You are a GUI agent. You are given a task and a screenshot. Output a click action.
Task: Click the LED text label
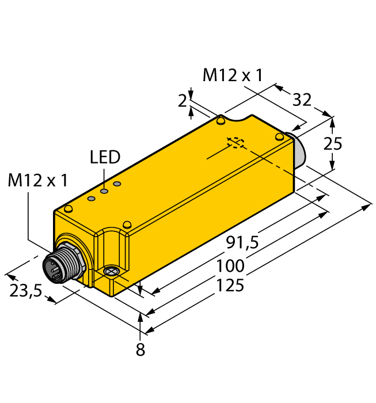pyautogui.click(x=105, y=158)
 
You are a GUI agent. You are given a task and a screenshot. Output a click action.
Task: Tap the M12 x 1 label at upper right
pyautogui.click(x=233, y=75)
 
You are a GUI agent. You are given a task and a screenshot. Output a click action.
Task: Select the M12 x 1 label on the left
pyautogui.click(x=38, y=181)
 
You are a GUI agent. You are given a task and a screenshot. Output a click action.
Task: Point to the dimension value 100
pyautogui.click(x=231, y=266)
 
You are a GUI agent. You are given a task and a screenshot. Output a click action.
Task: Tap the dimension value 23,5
pyautogui.click(x=26, y=291)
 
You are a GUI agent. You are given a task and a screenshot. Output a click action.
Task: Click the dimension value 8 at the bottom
pyautogui.click(x=140, y=349)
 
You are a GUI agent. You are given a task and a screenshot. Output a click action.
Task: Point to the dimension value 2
pyautogui.click(x=183, y=101)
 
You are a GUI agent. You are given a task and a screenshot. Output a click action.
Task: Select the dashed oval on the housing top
pyautogui.click(x=235, y=142)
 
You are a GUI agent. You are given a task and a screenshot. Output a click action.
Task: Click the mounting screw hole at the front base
pyautogui.click(x=109, y=271)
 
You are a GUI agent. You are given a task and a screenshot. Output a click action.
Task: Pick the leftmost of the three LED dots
pyautogui.click(x=91, y=199)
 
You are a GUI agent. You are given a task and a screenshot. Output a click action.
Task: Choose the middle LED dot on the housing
pyautogui.click(x=104, y=191)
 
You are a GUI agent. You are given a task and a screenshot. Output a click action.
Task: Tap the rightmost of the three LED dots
pyautogui.click(x=117, y=184)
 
